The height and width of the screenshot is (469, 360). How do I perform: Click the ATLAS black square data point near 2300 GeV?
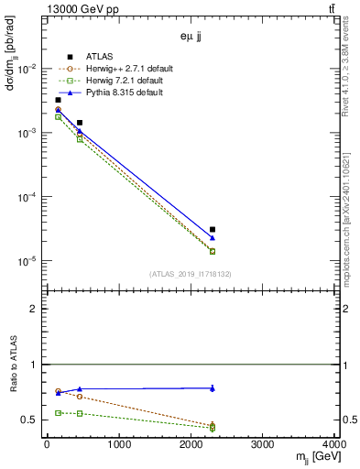213,230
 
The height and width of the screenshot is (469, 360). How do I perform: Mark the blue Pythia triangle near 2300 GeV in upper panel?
213,238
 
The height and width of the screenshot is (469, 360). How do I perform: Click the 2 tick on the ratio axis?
37,309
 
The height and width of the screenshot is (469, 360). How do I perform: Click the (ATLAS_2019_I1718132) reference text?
190,273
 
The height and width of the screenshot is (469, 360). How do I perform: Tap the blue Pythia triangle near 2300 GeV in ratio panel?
213,388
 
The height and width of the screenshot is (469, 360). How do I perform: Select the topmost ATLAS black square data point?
58,100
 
